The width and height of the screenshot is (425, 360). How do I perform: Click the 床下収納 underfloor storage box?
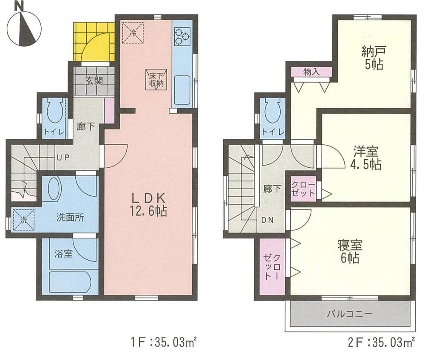click(x=156, y=79)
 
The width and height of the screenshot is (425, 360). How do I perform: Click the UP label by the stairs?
click(x=63, y=157)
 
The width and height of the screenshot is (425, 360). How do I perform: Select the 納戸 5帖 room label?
click(x=374, y=59)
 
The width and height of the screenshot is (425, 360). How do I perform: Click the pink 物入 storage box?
click(x=311, y=72)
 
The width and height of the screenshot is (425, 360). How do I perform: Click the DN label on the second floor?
click(x=267, y=220)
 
